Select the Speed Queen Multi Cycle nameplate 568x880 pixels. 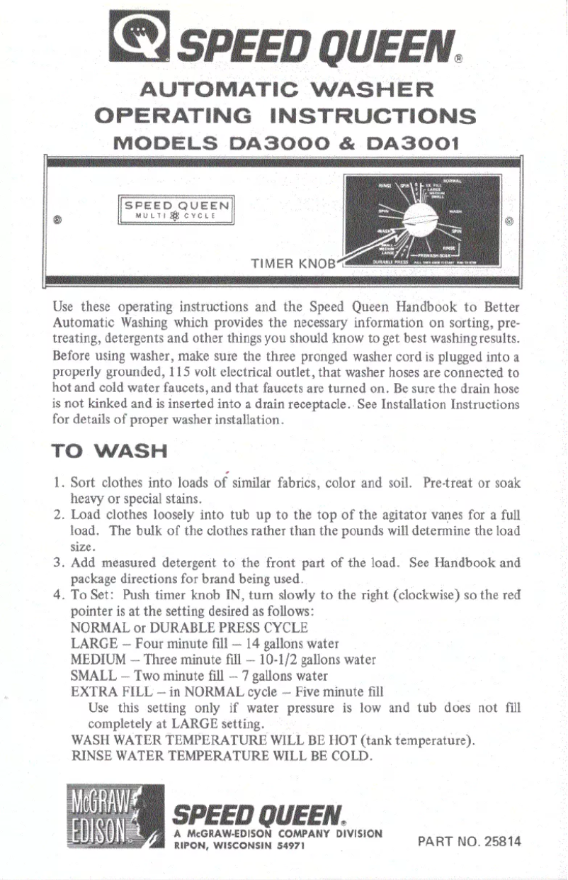(177, 211)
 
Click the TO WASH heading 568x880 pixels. (110, 451)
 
